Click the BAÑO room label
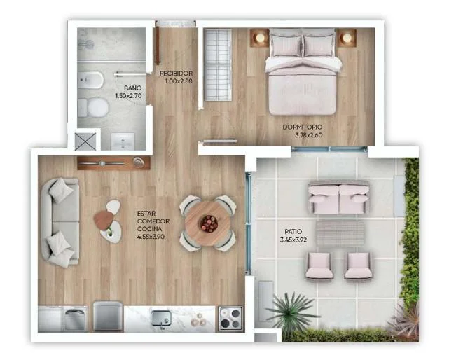tap(132, 88)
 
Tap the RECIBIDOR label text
tap(176, 74)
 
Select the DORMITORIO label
tap(303, 127)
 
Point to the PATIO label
tap(293, 231)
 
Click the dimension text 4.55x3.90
tap(151, 237)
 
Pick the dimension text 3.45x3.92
tap(293, 240)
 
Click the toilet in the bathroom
tap(94, 108)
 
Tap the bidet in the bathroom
tap(91, 80)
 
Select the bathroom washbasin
tap(123, 141)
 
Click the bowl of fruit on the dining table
tap(209, 223)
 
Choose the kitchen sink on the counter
tap(161, 318)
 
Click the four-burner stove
tap(231, 319)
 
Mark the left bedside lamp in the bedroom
tap(260, 38)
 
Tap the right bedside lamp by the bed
tap(347, 38)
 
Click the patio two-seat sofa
tap(339, 198)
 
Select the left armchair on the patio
tap(319, 266)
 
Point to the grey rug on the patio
tap(340, 233)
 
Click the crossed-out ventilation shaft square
tap(85, 141)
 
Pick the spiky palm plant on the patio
tap(292, 312)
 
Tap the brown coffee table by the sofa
tap(104, 220)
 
